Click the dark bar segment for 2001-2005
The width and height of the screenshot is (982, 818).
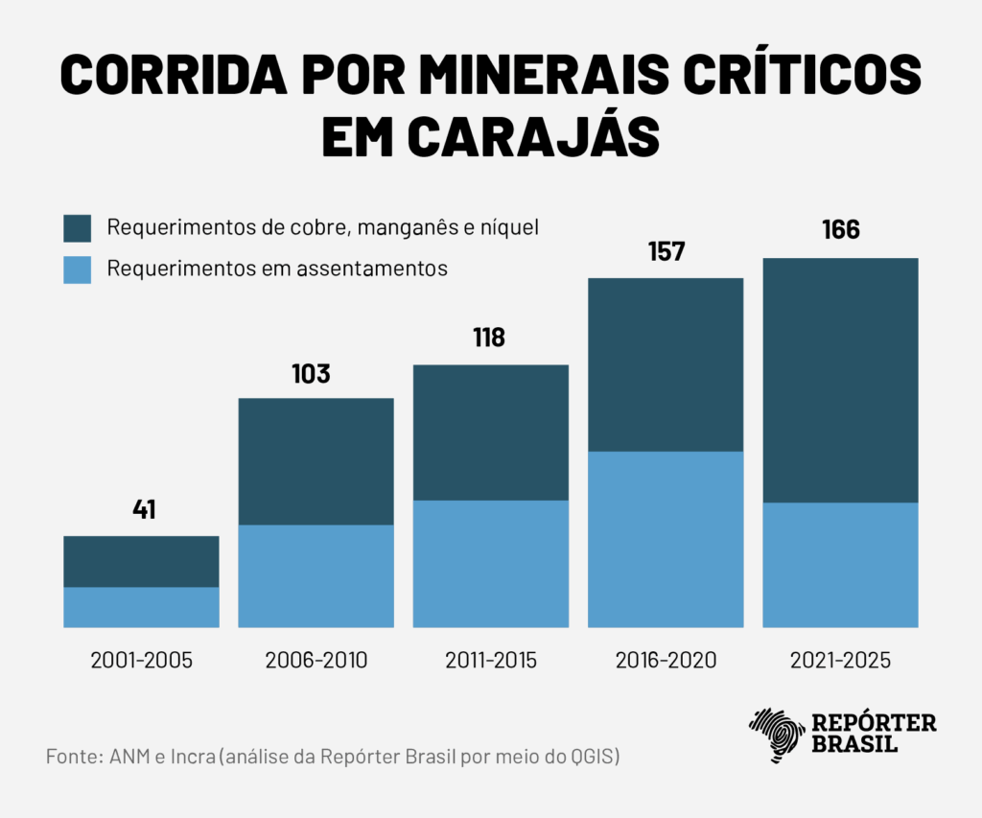click(141, 561)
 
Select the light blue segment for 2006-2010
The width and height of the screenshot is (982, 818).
click(316, 576)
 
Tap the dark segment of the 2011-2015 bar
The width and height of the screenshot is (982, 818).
click(490, 432)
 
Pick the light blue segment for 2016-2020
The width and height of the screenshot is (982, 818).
click(666, 539)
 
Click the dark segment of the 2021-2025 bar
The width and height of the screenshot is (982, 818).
click(840, 380)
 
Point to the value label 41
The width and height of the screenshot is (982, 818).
click(143, 509)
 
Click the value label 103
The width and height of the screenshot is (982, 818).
click(311, 373)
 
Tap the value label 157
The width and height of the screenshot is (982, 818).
click(666, 252)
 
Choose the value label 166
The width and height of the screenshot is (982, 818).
click(840, 231)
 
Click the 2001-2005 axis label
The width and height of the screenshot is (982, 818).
click(142, 661)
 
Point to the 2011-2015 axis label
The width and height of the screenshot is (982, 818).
click(491, 661)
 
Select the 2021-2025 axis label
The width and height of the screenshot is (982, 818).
click(841, 661)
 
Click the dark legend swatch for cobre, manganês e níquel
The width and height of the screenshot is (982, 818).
click(77, 229)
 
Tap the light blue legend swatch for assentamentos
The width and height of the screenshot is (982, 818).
click(77, 269)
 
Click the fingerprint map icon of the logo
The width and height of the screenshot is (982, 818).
click(777, 736)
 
